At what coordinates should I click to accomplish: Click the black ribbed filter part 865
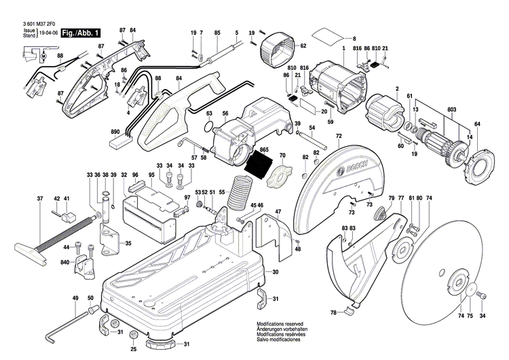click(259, 164)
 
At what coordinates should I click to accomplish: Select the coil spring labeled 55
click(238, 192)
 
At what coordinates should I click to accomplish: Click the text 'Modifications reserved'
click(279, 325)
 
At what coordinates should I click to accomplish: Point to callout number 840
click(64, 262)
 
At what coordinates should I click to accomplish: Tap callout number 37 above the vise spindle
click(40, 198)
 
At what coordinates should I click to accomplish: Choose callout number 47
click(277, 212)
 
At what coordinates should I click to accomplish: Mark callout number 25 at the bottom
click(134, 349)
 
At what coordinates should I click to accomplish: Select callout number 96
click(135, 175)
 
